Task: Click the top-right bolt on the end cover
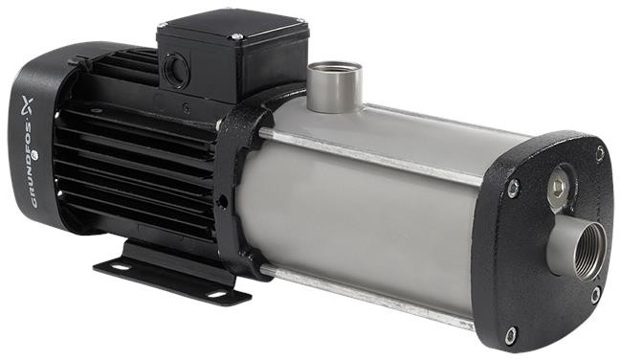coord(600,154)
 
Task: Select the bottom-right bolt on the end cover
coord(595,296)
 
